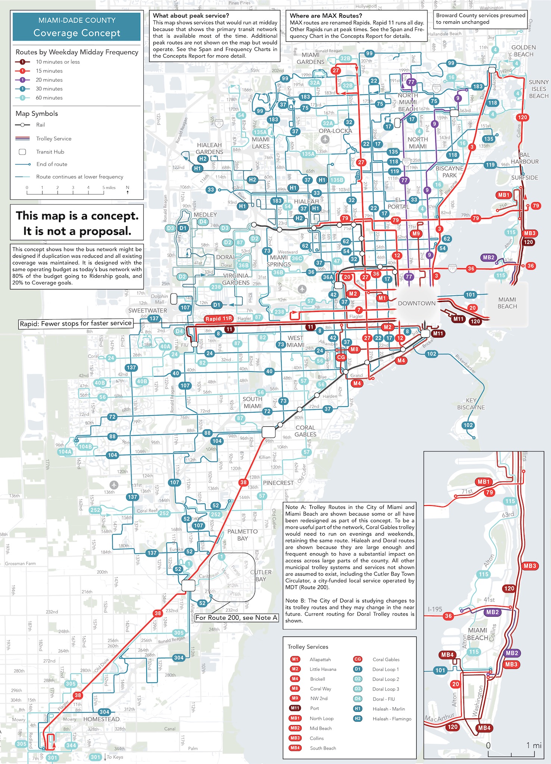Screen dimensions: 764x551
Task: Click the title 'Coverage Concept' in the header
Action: pos(76,33)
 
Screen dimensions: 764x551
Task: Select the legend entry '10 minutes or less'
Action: pos(57,62)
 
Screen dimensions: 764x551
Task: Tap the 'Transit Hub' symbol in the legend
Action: pos(22,152)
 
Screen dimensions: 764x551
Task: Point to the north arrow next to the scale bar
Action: pos(128,190)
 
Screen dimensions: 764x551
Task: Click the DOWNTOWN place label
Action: pos(416,303)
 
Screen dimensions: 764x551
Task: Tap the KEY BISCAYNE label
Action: pos(471,404)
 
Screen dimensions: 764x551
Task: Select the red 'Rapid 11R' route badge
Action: pos(219,319)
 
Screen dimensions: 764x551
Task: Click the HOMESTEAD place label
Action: pos(101,719)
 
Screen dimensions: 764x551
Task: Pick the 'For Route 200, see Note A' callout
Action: pos(237,617)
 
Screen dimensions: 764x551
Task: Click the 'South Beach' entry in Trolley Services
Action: pos(323,748)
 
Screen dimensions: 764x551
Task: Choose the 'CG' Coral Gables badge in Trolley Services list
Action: pos(357,659)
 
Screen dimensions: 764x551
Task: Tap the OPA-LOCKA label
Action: pos(335,131)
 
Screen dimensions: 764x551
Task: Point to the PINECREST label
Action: pos(278,483)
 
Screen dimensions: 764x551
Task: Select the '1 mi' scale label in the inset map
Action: pos(533,745)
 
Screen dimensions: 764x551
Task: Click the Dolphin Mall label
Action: pos(159,299)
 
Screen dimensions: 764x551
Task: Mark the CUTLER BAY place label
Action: pos(261,575)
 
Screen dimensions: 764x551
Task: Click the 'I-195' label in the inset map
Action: pos(435,609)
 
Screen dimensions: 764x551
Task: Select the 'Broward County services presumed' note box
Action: pos(480,19)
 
